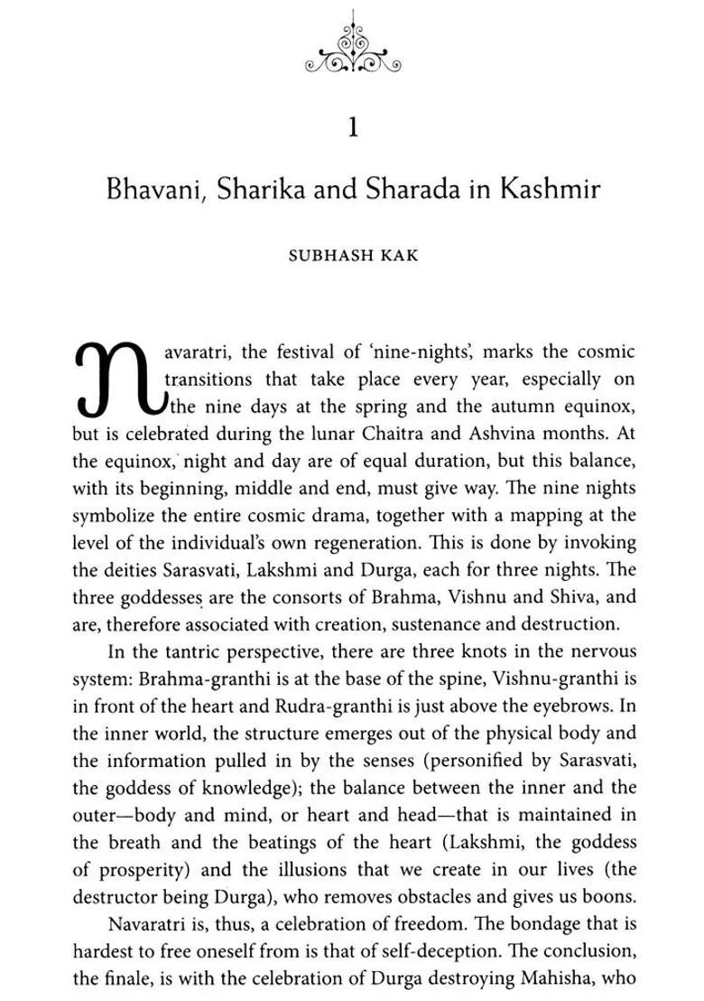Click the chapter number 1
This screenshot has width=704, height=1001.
click(353, 128)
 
